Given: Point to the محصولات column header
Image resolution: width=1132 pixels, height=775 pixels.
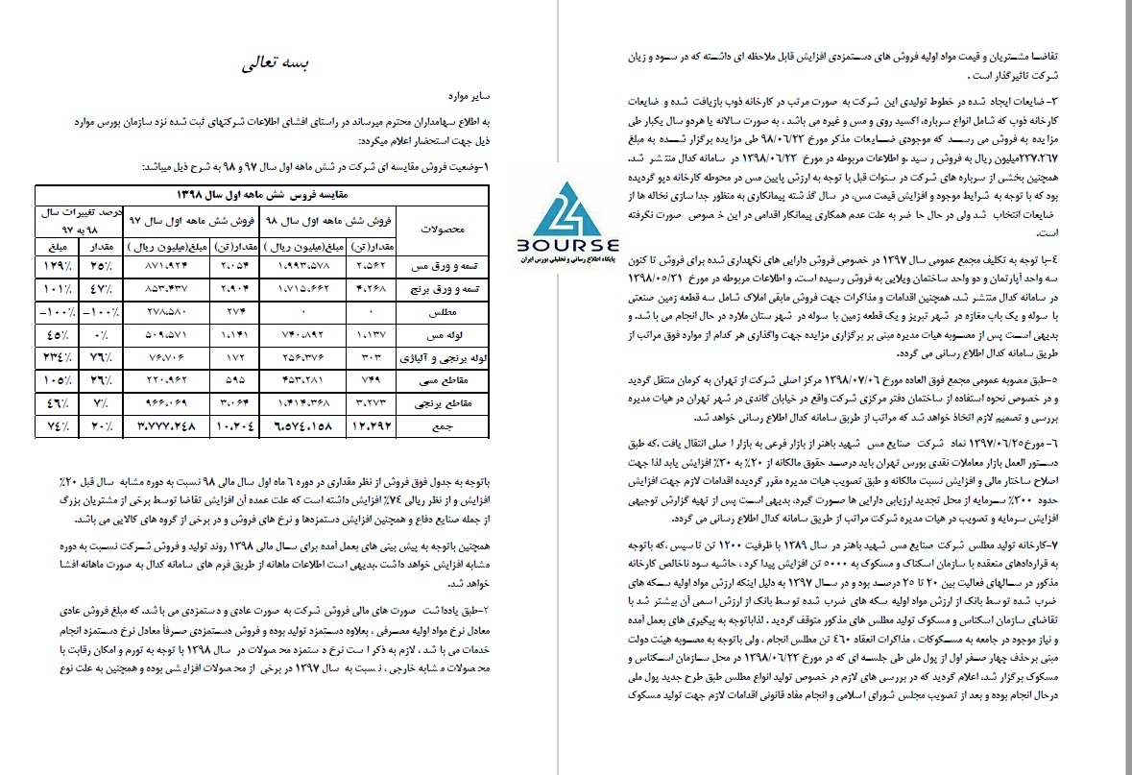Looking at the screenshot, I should pyautogui.click(x=444, y=230).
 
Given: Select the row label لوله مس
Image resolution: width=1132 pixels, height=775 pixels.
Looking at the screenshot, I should pyautogui.click(x=444, y=335).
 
